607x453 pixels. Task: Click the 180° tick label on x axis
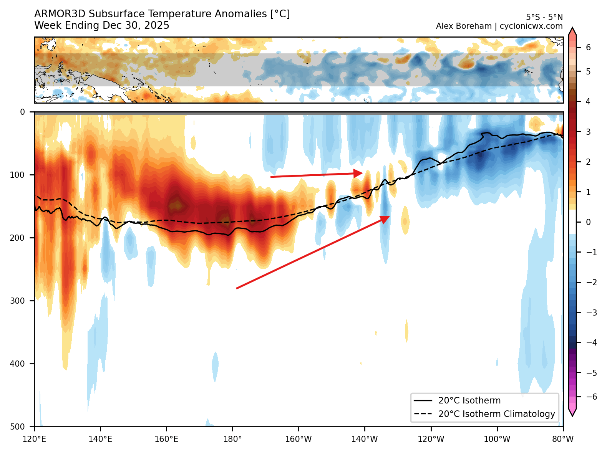click(232, 439)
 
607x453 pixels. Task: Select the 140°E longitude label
click(100, 439)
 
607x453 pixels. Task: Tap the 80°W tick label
click(563, 439)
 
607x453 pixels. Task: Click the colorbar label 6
click(588, 48)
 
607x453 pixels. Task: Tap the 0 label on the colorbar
click(588, 222)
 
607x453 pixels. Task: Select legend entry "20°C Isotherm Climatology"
click(496, 414)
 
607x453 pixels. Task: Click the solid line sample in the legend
click(423, 400)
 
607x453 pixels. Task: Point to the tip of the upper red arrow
click(362, 173)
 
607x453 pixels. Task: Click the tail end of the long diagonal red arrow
click(237, 288)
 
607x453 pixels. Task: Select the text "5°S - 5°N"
click(544, 17)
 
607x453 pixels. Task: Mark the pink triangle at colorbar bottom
click(572, 412)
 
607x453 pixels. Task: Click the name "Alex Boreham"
click(464, 26)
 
